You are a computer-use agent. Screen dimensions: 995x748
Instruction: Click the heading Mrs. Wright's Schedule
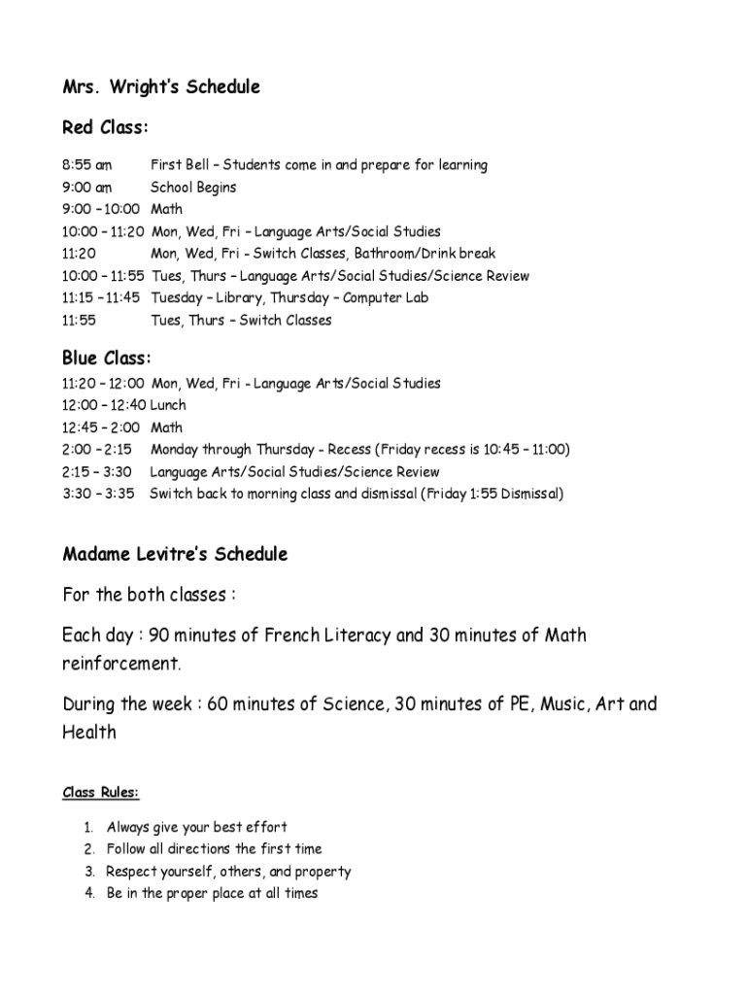161,87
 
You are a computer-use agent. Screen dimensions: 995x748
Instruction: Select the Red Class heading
106,127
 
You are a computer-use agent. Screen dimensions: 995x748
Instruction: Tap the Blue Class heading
107,360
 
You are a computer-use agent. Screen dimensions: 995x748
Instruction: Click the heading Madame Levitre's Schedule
175,555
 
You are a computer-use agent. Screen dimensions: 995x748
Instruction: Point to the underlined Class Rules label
101,793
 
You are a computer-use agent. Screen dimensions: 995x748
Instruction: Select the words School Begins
193,188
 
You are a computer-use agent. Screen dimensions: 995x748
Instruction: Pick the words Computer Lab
386,298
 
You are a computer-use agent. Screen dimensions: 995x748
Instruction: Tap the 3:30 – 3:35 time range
97,494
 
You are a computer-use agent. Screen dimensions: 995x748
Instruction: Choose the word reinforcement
121,666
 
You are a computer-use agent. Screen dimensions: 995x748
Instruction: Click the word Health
89,733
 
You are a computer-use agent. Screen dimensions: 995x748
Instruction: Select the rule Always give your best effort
197,827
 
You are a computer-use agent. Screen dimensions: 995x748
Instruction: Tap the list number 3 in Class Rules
88,872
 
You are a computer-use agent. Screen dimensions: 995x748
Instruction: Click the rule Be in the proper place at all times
212,894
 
